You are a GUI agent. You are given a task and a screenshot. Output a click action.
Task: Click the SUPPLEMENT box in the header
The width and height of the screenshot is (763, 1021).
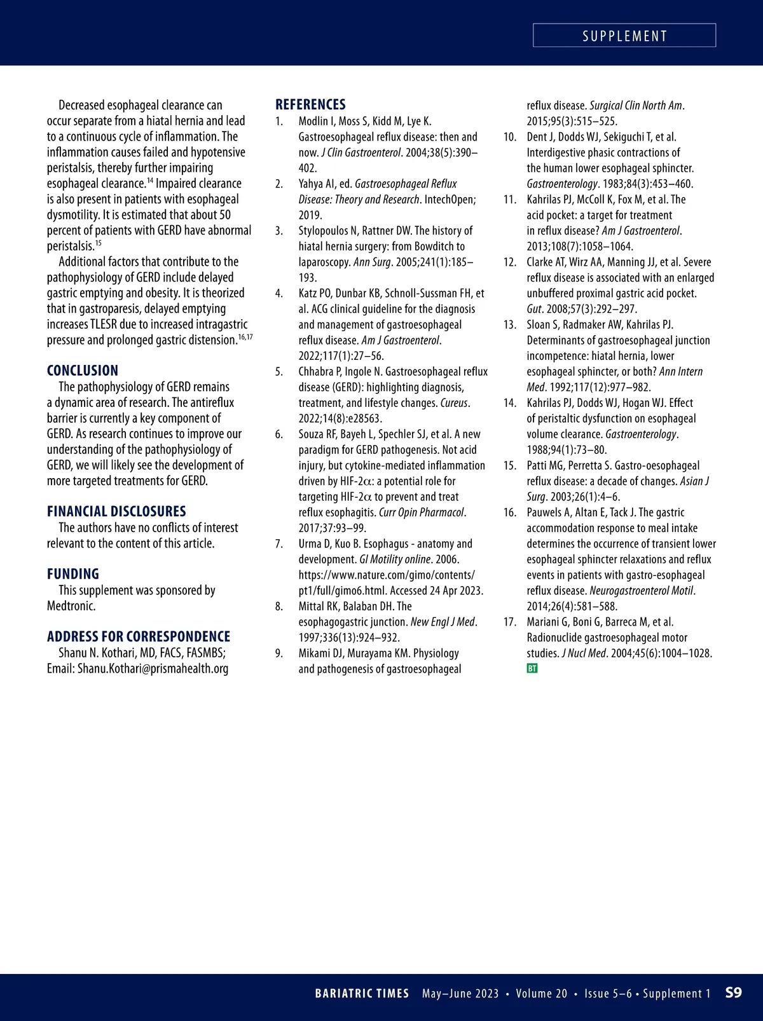click(624, 36)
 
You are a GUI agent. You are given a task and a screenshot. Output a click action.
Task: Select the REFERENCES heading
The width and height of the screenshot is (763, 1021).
click(310, 105)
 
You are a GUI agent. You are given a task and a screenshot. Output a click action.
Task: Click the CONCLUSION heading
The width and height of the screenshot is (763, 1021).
click(83, 371)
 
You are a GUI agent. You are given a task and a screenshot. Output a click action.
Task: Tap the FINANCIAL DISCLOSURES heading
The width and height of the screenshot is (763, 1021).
click(116, 512)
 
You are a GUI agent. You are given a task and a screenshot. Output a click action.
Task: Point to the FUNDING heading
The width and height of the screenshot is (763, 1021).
click(73, 574)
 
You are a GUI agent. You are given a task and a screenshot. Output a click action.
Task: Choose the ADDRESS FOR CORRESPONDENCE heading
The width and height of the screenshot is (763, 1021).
click(139, 637)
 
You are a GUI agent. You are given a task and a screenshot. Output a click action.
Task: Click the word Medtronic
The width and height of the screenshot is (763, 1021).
click(71, 606)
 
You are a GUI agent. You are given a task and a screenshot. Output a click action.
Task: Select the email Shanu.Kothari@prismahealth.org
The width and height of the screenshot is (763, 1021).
click(153, 669)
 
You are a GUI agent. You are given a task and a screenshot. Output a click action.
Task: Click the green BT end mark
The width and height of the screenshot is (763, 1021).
click(532, 669)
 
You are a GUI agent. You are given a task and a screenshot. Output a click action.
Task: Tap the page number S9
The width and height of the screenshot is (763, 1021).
click(733, 993)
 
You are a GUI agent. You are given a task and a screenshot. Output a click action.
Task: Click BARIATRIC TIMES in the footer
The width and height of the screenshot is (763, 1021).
click(362, 994)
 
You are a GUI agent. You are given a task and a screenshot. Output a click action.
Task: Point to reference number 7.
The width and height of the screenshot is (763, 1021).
click(279, 544)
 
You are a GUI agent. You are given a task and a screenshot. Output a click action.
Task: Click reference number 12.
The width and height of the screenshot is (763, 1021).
click(509, 263)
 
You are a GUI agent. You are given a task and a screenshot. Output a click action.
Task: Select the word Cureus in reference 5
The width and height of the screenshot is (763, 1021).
click(454, 403)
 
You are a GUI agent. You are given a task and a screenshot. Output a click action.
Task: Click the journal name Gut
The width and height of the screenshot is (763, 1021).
click(533, 309)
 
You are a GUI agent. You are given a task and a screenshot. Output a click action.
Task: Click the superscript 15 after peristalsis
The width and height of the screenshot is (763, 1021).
click(99, 242)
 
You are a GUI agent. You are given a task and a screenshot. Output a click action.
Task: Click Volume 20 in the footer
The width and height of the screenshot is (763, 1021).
click(541, 994)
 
